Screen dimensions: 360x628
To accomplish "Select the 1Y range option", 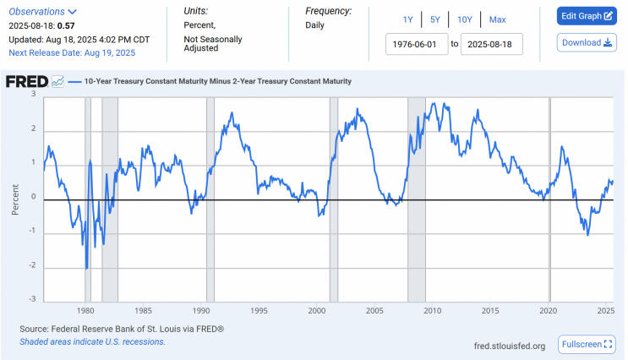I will point(408,19).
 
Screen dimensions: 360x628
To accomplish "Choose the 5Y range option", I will point(434,19).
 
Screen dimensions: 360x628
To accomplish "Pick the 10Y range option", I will point(464,19).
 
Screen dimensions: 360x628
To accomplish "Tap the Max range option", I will point(497,19).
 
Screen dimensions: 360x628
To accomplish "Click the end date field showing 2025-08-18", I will point(492,43).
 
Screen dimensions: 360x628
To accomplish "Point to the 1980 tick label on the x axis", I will point(85,309).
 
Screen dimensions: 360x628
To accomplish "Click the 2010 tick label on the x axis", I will point(432,309).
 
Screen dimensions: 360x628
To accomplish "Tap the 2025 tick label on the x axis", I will point(604,309).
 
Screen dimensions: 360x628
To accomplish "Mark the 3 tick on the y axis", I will point(34,94).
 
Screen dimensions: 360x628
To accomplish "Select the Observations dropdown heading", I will point(43,12).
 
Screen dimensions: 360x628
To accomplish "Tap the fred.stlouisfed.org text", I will point(511,345).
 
